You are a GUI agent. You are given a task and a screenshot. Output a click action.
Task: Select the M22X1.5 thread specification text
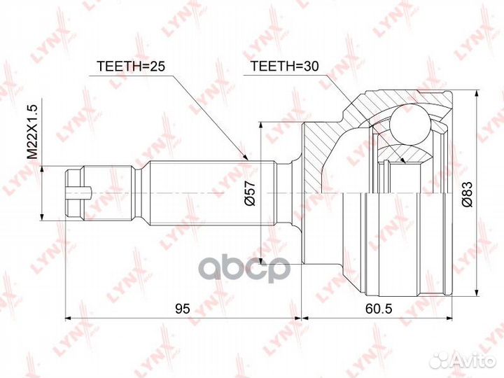tap(31, 134)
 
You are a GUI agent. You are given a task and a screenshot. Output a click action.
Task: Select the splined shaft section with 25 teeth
tap(210, 192)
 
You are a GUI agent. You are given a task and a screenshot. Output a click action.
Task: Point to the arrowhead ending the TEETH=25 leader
tap(246, 159)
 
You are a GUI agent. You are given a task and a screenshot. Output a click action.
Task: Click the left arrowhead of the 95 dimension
tap(69, 319)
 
